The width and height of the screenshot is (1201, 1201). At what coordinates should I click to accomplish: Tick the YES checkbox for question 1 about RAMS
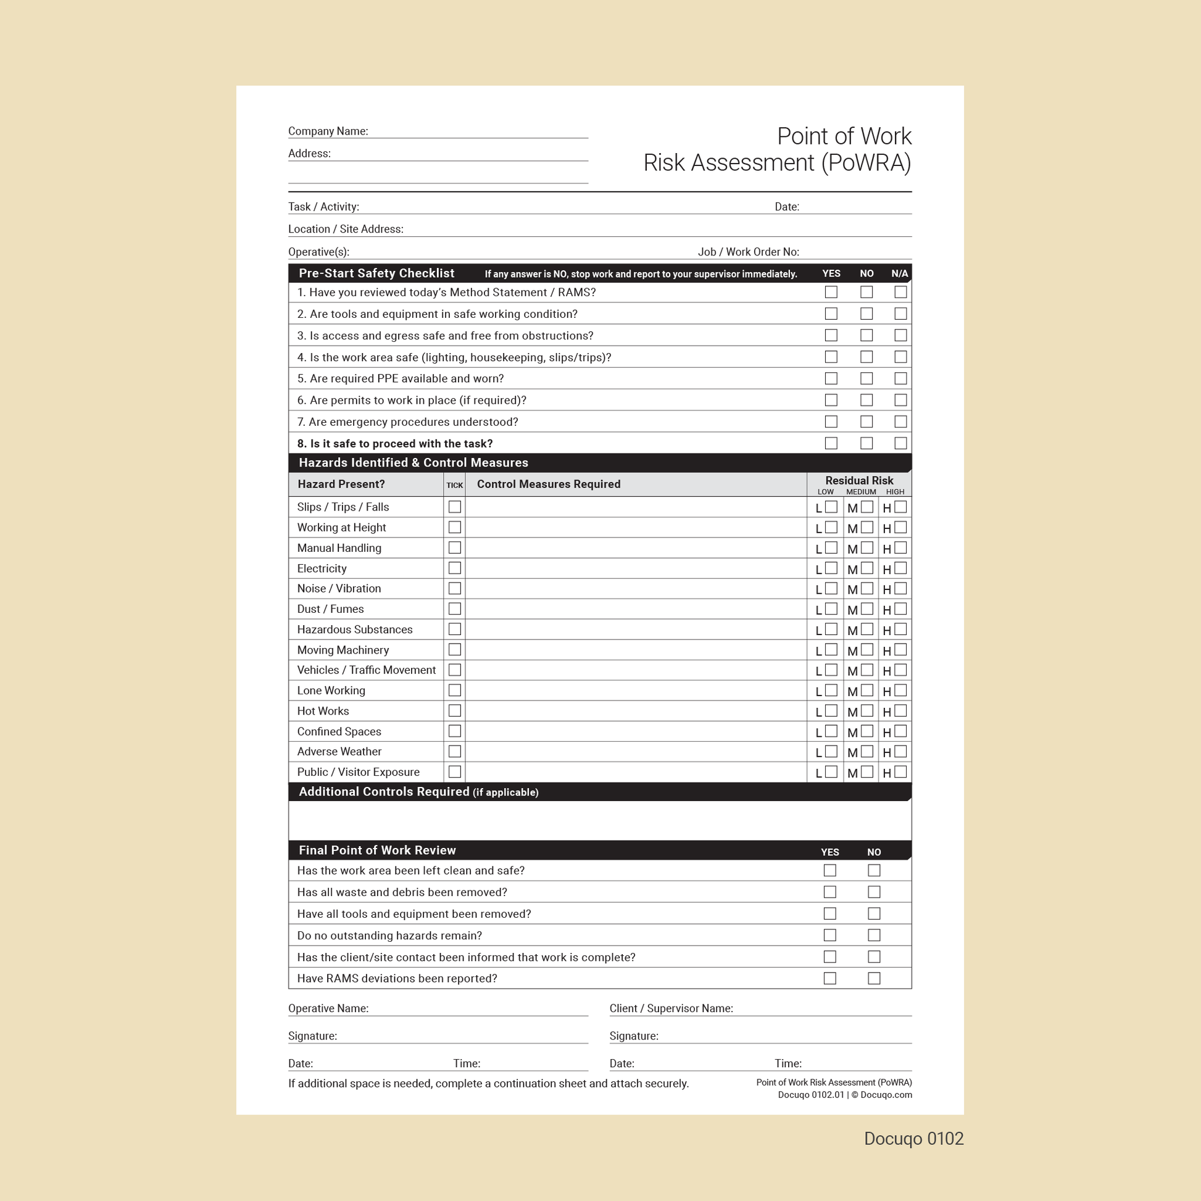coord(831,292)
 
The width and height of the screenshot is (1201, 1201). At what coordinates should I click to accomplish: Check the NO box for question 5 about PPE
coord(866,378)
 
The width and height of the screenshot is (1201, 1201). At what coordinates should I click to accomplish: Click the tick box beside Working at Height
coord(454,527)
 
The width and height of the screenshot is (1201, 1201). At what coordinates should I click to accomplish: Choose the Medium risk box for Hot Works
coord(866,710)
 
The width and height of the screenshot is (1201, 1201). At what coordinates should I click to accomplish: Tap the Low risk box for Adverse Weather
coord(831,752)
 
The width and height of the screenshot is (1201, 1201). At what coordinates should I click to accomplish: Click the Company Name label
coord(328,131)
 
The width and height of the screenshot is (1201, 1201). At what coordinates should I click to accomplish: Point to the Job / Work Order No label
coord(748,252)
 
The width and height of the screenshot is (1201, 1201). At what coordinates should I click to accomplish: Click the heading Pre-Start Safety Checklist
coord(376,273)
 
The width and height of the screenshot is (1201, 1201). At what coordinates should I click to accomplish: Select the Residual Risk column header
coord(858,481)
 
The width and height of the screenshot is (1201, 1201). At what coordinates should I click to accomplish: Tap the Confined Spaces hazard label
coord(339,732)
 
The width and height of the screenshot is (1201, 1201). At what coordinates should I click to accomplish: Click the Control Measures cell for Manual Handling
coord(635,547)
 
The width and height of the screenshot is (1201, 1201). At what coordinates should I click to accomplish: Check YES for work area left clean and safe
coord(829,870)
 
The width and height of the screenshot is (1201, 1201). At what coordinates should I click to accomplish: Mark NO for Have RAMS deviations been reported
coord(873,978)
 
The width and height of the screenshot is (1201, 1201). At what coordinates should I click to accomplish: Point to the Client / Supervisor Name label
coord(671,1008)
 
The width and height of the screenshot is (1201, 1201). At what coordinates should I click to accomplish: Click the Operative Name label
coord(328,1008)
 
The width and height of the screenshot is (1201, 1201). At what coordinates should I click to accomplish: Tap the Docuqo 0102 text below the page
coord(913,1139)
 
